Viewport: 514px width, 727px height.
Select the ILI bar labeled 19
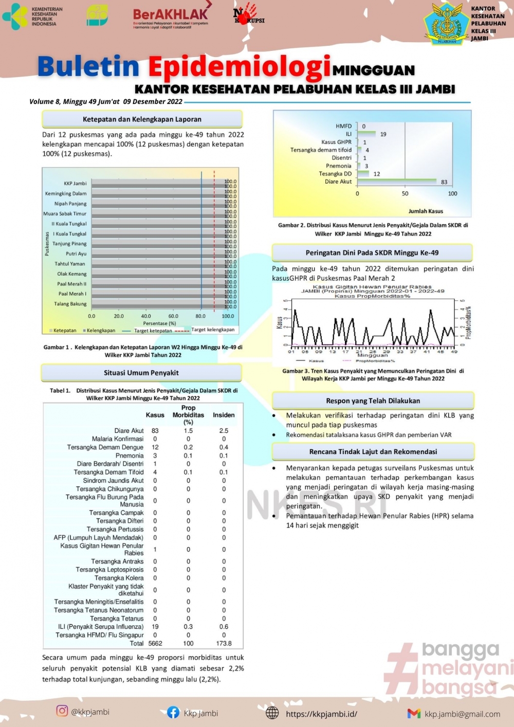point(367,134)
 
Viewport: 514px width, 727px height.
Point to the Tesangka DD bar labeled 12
point(363,174)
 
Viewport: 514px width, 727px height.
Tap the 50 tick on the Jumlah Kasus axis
point(405,194)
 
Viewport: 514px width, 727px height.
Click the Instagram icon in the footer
point(62,711)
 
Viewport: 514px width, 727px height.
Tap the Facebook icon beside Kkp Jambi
point(173,712)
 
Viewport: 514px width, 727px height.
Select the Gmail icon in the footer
point(414,713)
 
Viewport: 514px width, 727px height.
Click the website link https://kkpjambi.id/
point(321,714)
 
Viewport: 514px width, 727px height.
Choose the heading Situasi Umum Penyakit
point(141,373)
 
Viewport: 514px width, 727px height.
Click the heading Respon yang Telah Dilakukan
point(373,401)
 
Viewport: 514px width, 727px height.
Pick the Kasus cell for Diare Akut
point(155,431)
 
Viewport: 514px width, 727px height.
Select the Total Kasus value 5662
point(155,643)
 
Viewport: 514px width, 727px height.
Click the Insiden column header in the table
point(224,415)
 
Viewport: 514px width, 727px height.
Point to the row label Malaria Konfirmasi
point(118,439)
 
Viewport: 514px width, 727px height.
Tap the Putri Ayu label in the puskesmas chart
point(76,253)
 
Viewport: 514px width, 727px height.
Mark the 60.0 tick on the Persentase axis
point(173,316)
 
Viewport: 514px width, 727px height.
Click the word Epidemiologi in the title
point(239,67)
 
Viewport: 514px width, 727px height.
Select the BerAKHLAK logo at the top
point(171,17)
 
